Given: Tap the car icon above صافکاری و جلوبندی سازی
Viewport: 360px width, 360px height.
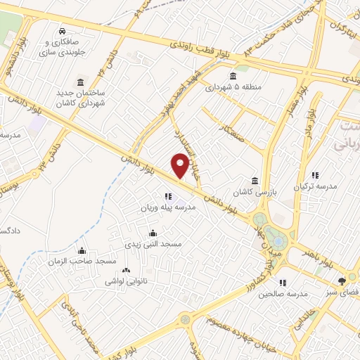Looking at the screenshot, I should pos(63,31).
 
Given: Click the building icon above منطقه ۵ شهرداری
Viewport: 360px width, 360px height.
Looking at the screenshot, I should pos(233,77).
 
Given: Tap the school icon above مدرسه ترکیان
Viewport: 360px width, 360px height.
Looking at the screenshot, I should pos(315,175).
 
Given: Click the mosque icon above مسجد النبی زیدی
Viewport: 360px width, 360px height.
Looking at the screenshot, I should pos(154,233).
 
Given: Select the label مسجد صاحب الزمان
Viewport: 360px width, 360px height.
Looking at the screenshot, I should pos(86,261).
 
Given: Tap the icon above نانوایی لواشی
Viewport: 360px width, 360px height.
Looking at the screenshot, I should pos(127,271).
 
